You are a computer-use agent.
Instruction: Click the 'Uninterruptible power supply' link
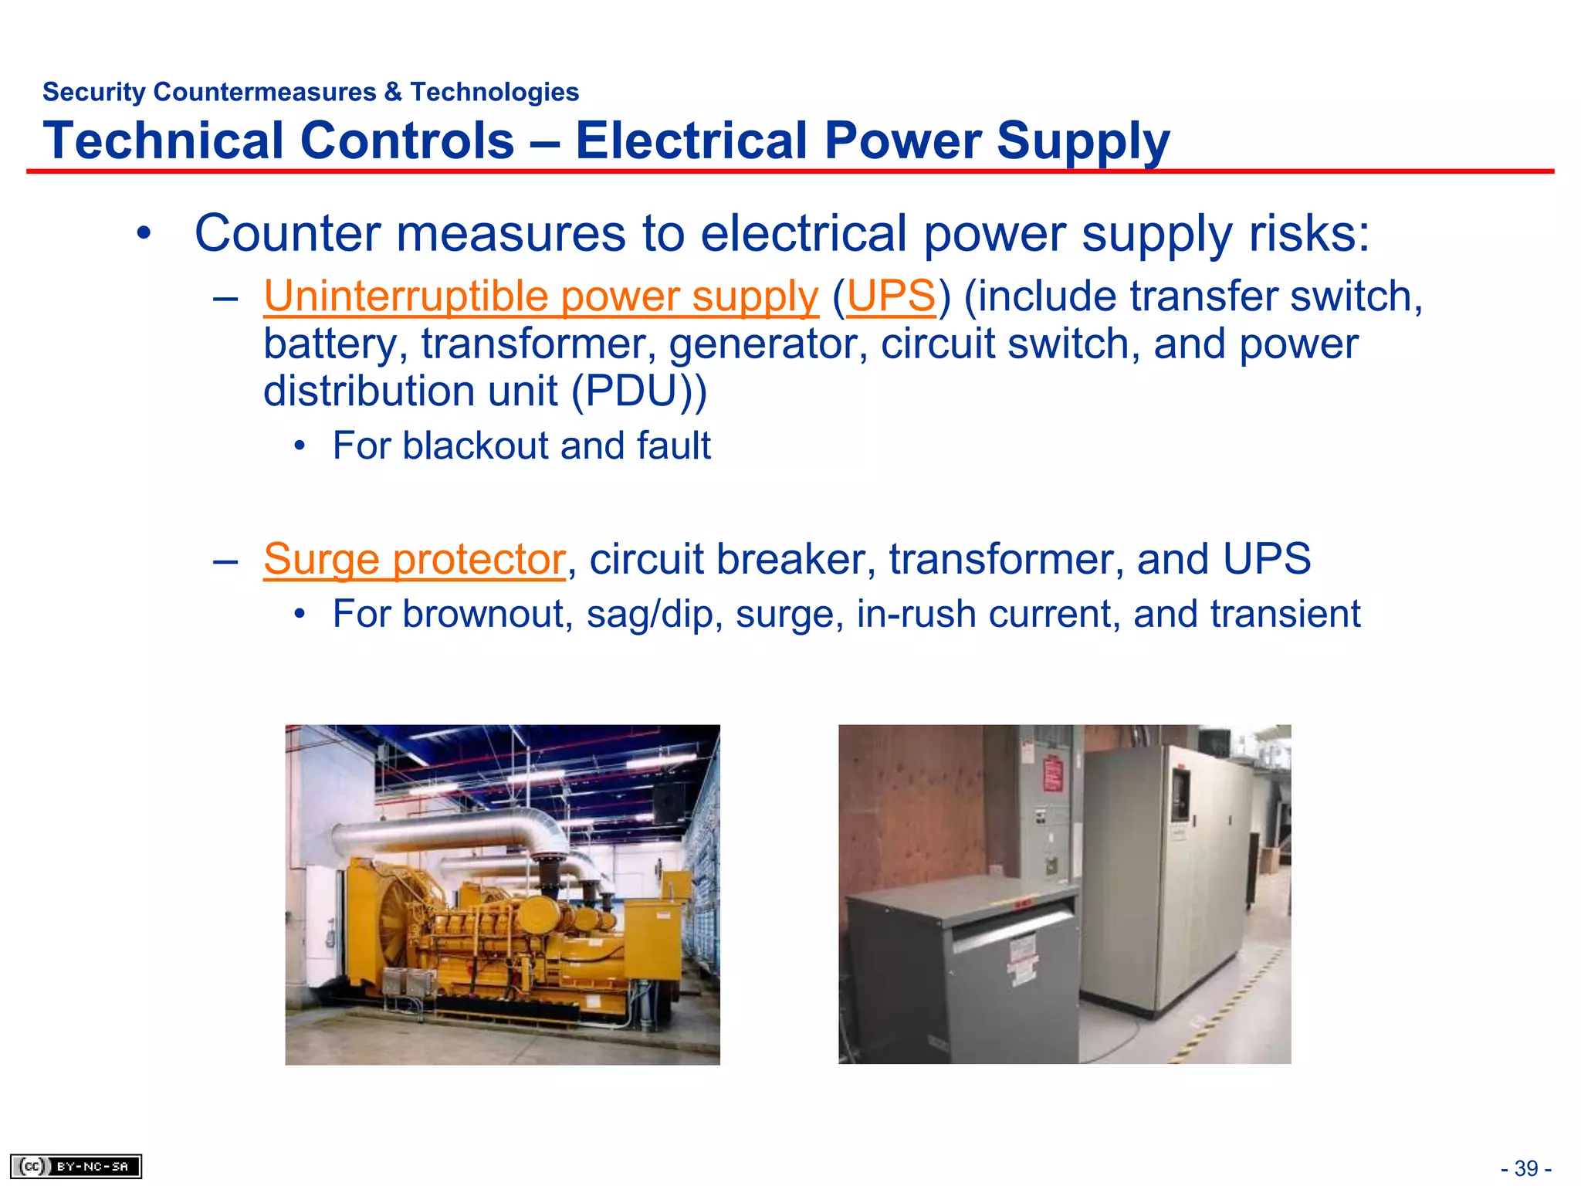(540, 296)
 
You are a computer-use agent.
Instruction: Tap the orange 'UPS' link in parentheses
(891, 296)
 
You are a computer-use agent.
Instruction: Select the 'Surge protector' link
(415, 559)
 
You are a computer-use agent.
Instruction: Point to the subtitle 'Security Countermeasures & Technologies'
(310, 92)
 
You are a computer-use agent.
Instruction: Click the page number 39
(1526, 1168)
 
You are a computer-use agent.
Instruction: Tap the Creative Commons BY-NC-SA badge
(76, 1166)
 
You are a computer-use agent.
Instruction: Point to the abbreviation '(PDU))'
(638, 391)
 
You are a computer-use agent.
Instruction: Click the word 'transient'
(1285, 615)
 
